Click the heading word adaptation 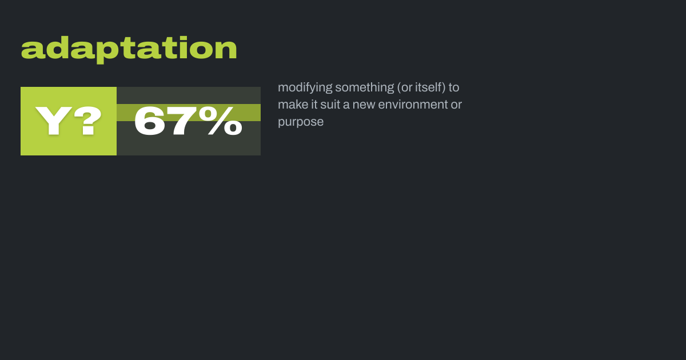coord(129,50)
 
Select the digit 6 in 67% coord(150,121)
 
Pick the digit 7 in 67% coord(182,121)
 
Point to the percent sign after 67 coord(221,121)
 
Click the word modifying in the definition coord(305,88)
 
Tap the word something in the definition coord(365,88)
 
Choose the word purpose coord(301,122)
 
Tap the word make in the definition coord(293,105)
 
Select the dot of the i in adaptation coord(183,38)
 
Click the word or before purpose coord(456,105)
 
